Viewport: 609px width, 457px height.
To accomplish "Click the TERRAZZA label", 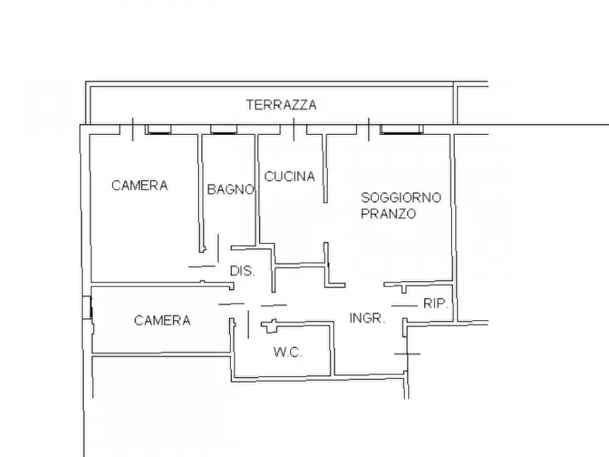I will click(281, 105).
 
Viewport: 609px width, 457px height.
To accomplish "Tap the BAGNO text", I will click(231, 190).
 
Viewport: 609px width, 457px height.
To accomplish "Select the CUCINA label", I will click(289, 177).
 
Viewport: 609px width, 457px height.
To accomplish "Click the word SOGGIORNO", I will click(401, 198).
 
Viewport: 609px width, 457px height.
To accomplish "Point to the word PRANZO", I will click(389, 213).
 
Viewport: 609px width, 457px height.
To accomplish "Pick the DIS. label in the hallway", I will click(242, 271).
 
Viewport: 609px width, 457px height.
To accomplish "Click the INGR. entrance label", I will click(368, 318).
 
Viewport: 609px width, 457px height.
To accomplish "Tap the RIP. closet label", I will click(436, 304).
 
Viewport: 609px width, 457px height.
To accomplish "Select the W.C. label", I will click(288, 353).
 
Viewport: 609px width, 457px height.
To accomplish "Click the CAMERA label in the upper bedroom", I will click(140, 185).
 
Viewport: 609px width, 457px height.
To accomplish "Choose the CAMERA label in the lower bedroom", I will click(162, 321).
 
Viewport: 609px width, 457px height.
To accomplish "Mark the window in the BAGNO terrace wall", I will click(223, 129).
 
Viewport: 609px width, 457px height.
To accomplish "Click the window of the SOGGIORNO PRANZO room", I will click(402, 129).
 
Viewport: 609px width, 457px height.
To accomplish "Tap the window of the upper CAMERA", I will click(159, 129).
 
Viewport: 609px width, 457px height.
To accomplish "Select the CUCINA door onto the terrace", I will click(294, 129).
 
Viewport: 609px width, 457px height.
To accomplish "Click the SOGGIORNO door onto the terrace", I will click(369, 129).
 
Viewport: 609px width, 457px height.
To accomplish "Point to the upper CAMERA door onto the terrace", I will click(132, 129).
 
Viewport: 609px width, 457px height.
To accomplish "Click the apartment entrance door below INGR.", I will click(407, 353).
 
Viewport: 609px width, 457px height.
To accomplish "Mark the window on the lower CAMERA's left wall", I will click(87, 308).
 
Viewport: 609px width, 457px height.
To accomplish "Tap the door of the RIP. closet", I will click(404, 306).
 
